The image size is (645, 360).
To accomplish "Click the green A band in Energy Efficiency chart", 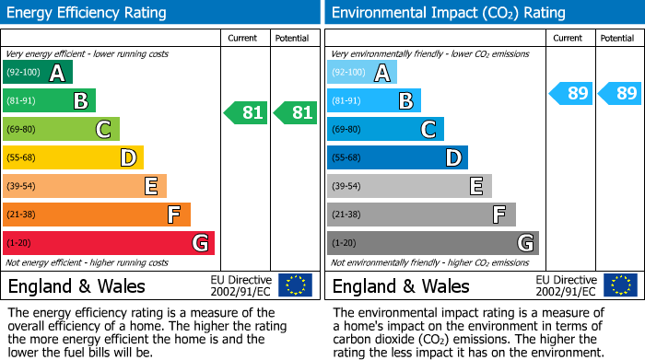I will coord(37,73).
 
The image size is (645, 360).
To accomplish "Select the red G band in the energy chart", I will coord(108,243).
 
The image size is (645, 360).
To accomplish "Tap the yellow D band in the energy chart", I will coord(73,157).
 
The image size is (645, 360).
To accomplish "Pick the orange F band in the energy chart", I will coord(96,215).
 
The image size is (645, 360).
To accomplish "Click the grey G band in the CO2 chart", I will coord(432,243).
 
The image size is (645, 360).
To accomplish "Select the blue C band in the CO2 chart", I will coord(385,129).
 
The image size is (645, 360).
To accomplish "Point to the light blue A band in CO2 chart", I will coord(362,73).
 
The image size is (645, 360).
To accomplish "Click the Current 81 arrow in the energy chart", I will coord(246,113).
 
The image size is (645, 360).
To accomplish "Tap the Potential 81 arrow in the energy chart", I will coord(296,113).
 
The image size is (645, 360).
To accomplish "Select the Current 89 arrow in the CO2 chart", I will coord(570,93).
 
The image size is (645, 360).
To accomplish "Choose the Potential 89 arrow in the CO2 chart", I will coord(620,93).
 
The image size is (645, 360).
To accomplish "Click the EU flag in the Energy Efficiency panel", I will coord(295,285).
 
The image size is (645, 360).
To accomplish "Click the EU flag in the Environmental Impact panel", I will coord(619,285).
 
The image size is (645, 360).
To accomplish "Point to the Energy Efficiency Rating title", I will coord(88,13).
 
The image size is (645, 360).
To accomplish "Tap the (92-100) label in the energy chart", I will coord(23,73).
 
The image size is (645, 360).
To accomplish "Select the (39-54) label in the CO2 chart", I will coord(347,186).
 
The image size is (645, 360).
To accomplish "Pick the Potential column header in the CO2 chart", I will coord(617,38).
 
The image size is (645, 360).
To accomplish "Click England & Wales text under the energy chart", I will coord(76,285).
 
